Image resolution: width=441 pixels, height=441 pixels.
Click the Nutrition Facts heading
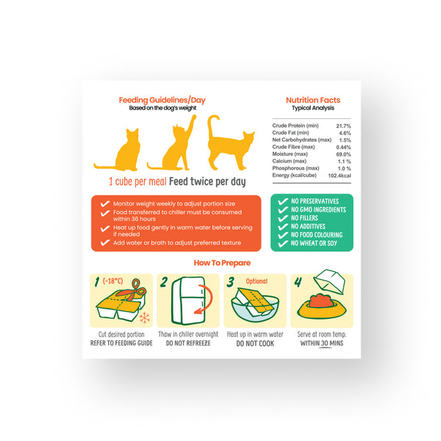pos(313,100)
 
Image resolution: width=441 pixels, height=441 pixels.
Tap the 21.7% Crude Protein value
pos(343,126)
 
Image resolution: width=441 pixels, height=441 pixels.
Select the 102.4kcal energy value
pos(340,176)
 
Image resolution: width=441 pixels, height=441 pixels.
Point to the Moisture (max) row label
pos(290,154)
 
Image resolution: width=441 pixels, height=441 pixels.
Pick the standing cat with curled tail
pos(229,143)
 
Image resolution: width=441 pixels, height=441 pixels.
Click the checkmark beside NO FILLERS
pos(283,218)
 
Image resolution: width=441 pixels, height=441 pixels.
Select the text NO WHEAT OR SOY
pos(314,243)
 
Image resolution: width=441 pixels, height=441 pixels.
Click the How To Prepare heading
pos(222,263)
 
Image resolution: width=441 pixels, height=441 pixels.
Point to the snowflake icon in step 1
pos(145,318)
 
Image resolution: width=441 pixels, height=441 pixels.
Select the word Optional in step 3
pos(257,282)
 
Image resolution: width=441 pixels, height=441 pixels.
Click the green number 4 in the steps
pos(298,282)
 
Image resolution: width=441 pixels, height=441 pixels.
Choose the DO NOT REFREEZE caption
pos(188,343)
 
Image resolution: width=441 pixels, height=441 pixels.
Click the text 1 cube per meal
pos(137,182)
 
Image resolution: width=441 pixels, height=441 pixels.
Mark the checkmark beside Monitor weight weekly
pos(105,204)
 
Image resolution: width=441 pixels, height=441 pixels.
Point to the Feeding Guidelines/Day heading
pos(162,100)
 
